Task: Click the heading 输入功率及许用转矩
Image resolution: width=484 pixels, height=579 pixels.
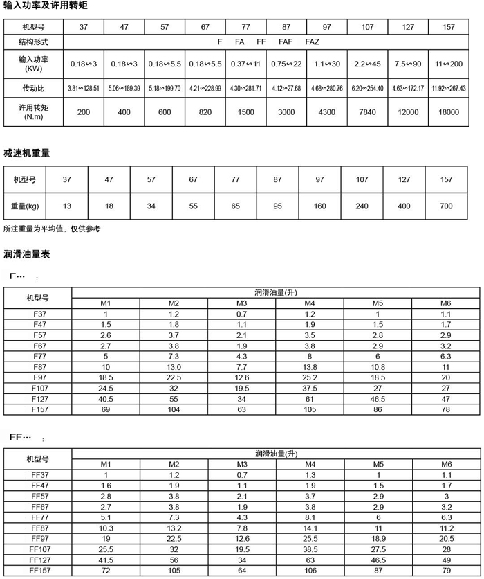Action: click(x=45, y=6)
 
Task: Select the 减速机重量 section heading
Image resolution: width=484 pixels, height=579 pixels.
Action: click(x=26, y=152)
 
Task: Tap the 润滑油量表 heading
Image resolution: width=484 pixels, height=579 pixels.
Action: click(x=26, y=254)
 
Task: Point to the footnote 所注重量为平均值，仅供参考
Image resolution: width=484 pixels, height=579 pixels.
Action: click(x=52, y=229)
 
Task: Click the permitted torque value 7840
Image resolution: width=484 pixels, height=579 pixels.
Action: click(x=366, y=112)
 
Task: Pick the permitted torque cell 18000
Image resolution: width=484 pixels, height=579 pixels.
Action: click(x=447, y=112)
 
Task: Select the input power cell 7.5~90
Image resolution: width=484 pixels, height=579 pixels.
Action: click(x=407, y=64)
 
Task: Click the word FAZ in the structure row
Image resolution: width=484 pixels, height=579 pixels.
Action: click(x=313, y=42)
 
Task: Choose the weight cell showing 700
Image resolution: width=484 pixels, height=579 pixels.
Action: click(x=446, y=206)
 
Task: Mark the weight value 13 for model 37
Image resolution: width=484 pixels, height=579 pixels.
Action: click(x=66, y=206)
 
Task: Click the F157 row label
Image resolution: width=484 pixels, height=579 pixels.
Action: click(x=40, y=410)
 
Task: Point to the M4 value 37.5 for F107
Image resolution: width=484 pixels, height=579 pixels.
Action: click(x=310, y=389)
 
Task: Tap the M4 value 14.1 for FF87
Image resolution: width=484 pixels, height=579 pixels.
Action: click(x=310, y=527)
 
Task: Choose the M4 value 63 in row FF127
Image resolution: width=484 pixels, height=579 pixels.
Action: click(x=310, y=559)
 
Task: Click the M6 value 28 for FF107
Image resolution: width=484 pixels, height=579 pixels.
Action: click(x=446, y=549)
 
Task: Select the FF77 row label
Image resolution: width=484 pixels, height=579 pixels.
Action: click(x=38, y=517)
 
